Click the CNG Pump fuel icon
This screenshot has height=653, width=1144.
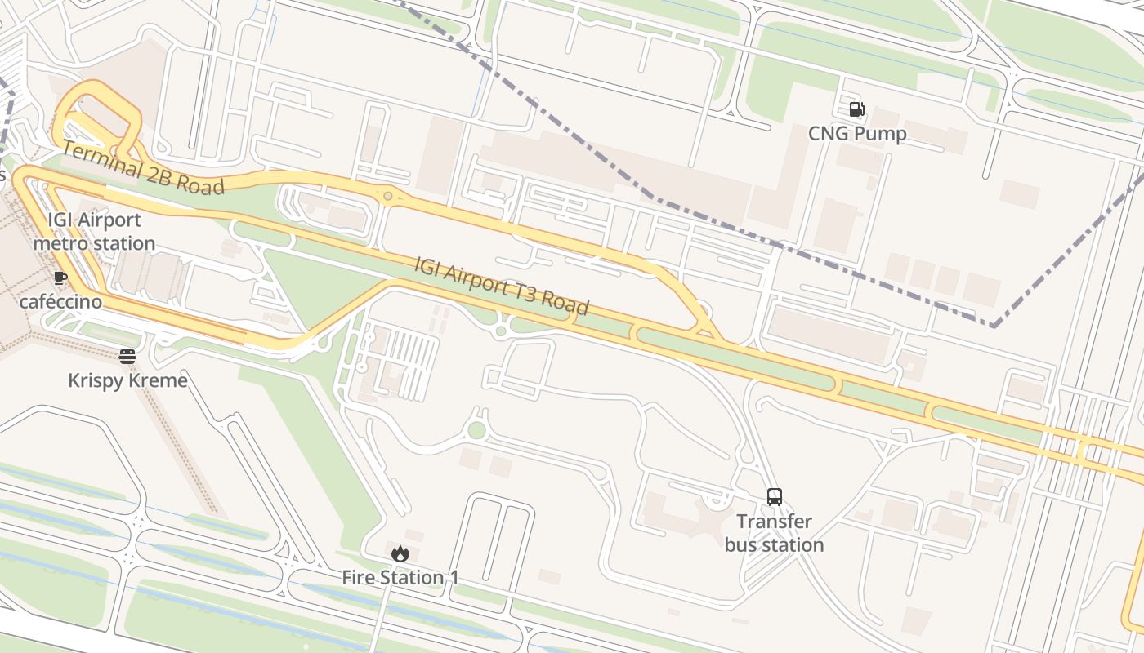pos(856,109)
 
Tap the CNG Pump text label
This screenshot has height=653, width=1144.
pos(857,134)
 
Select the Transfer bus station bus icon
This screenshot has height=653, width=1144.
pos(774,496)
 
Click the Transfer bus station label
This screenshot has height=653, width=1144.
pos(774,533)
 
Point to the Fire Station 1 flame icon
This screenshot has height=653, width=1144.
pos(400,553)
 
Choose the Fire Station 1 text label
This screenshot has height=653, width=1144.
pos(400,578)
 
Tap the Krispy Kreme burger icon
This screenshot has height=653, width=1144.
pos(127,356)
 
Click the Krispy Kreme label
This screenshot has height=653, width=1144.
pos(127,380)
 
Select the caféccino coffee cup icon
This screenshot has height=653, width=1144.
pos(60,278)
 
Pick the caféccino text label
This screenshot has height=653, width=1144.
pos(60,302)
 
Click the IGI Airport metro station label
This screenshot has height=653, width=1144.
pos(94,232)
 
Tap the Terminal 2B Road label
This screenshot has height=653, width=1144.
pos(143,168)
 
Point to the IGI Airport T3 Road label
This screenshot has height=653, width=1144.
pos(502,286)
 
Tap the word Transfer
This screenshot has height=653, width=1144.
pos(774,522)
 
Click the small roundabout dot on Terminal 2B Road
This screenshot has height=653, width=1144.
pos(387,196)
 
